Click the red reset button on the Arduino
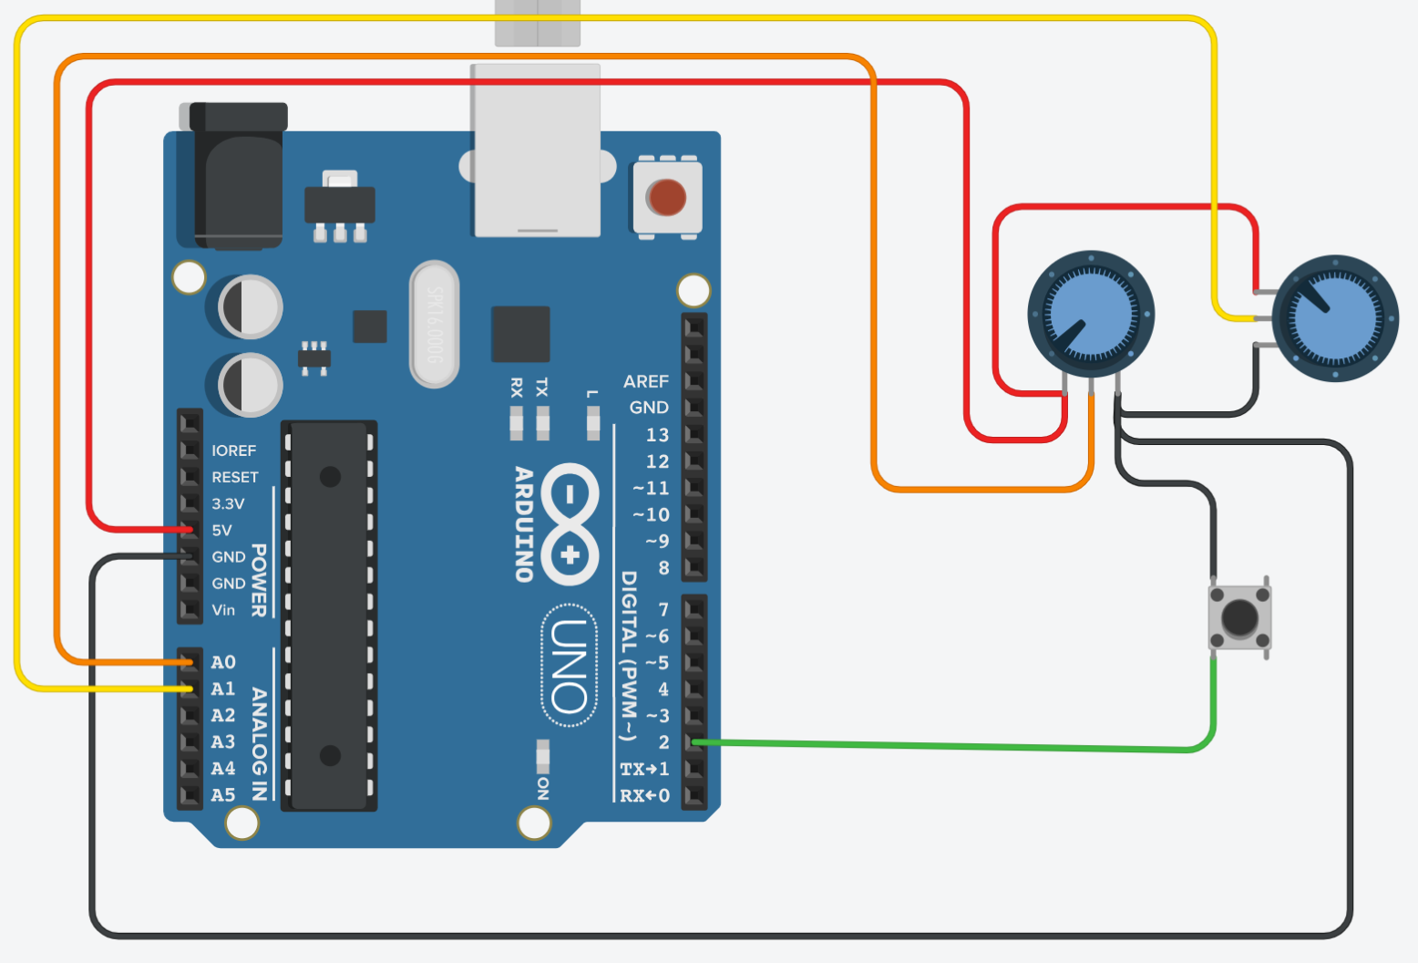point(666,197)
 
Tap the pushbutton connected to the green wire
point(1239,617)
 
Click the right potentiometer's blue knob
point(1335,318)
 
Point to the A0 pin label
point(223,662)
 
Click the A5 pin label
point(223,795)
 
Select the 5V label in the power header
point(221,530)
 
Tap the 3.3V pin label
point(228,503)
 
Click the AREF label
point(645,381)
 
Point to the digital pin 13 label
point(657,435)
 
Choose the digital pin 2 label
point(663,742)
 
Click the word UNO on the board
point(570,666)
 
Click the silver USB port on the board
point(536,150)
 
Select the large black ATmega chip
point(329,616)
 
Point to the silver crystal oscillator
point(435,324)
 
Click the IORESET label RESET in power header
point(235,477)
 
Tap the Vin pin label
point(223,610)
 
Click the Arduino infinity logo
point(570,524)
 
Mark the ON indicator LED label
point(543,788)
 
